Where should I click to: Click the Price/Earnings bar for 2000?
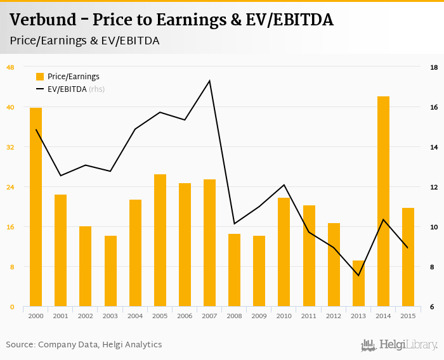click(36, 207)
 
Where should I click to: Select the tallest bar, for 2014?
click(383, 202)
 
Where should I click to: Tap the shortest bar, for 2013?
click(358, 283)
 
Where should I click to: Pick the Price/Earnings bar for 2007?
click(209, 243)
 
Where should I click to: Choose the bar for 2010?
click(284, 252)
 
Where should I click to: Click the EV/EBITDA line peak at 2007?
click(209, 80)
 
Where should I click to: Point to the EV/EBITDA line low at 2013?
click(358, 275)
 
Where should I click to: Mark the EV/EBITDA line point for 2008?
click(235, 223)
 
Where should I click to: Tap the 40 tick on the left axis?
click(10, 107)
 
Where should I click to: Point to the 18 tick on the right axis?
click(433, 67)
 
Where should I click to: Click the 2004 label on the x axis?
click(135, 316)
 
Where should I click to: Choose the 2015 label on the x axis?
click(408, 316)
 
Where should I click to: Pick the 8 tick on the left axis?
click(10, 267)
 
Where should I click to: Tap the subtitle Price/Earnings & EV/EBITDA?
click(84, 41)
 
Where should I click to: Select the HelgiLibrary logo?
click(399, 345)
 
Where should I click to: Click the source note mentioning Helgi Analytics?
click(84, 345)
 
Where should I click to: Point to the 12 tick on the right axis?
click(433, 187)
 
